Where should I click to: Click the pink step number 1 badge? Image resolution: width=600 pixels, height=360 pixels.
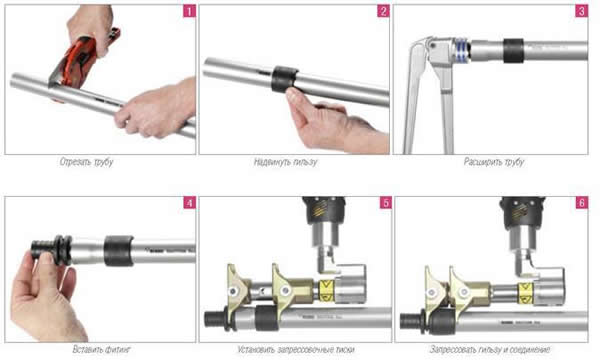coord(189,11)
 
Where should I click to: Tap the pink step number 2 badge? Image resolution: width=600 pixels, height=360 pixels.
coord(383,11)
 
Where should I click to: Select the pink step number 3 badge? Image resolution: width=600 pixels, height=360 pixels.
coord(582,11)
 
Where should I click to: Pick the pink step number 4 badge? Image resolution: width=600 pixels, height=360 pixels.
coord(189,202)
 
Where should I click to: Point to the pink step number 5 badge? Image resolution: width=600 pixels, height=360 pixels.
coord(385,202)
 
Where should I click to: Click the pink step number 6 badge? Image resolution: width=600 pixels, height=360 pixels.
coord(582,202)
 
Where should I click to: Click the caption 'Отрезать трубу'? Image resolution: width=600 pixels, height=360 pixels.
coord(86,162)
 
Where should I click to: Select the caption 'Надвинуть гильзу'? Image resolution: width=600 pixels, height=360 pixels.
coord(285,162)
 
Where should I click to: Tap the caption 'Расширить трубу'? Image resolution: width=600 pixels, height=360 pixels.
coord(494,162)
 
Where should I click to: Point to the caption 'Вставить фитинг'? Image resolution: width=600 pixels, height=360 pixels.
coord(102,349)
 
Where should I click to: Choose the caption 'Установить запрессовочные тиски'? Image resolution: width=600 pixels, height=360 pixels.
coord(296,350)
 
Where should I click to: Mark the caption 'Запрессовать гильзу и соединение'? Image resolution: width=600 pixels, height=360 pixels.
coord(490,350)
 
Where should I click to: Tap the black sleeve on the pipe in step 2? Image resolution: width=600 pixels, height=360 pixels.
coord(284,79)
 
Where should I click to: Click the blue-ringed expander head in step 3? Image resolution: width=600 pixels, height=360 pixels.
coord(461,50)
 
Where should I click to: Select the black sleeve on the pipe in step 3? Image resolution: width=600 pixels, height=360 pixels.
coord(513,50)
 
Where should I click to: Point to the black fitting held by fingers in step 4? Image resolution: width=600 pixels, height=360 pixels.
coord(52,249)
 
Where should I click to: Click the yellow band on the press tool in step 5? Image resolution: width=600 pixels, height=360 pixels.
coord(326,291)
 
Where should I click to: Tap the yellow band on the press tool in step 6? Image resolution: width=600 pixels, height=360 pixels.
coord(525,293)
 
